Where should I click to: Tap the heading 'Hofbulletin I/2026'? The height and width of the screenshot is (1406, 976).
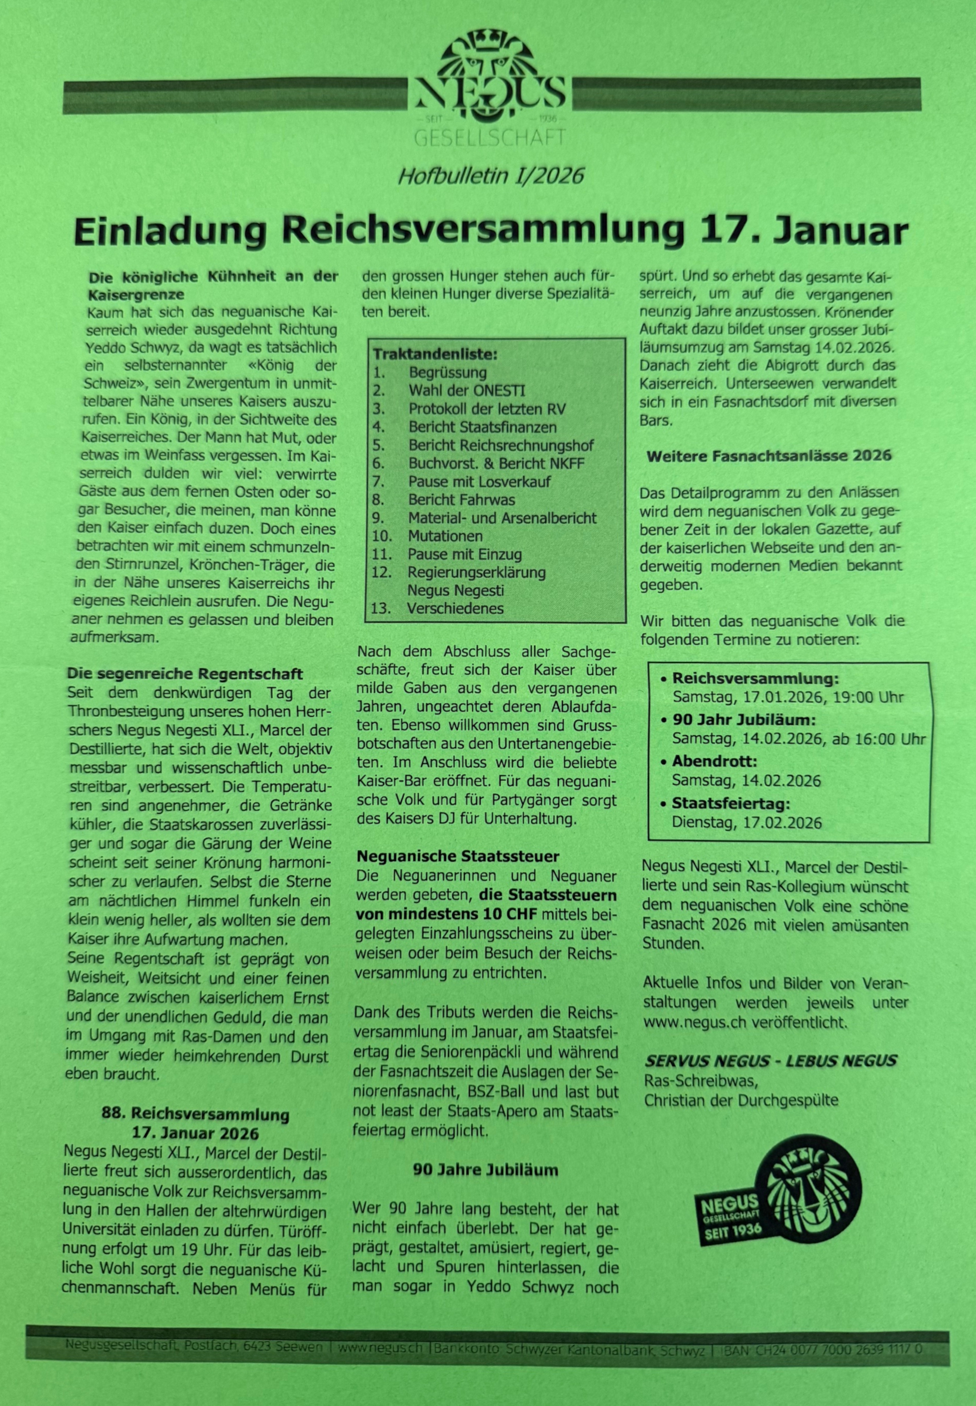click(x=491, y=176)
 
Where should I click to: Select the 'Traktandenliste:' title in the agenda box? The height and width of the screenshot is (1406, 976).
click(x=435, y=354)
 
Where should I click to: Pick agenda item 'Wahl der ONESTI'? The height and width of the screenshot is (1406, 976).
click(x=467, y=390)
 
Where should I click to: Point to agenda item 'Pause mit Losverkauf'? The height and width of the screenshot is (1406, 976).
click(x=479, y=482)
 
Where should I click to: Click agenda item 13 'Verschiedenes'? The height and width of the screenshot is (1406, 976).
click(x=455, y=608)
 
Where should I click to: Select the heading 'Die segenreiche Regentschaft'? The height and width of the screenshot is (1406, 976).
click(x=185, y=674)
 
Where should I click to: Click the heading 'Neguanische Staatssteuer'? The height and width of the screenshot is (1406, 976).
click(x=458, y=857)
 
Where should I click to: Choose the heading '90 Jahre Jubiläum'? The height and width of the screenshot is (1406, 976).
click(x=485, y=1170)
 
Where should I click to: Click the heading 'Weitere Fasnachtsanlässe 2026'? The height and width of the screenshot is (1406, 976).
click(x=769, y=456)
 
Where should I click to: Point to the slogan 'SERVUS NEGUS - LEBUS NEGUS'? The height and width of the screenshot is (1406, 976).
click(x=771, y=1061)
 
